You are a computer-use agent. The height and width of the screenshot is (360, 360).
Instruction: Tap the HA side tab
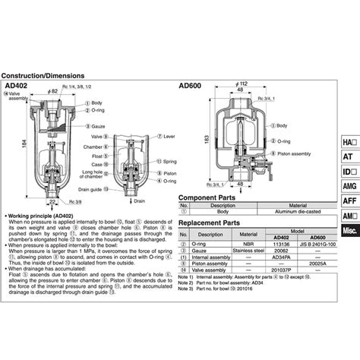(349, 142)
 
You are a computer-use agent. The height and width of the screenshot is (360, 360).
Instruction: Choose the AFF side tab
(349, 201)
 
